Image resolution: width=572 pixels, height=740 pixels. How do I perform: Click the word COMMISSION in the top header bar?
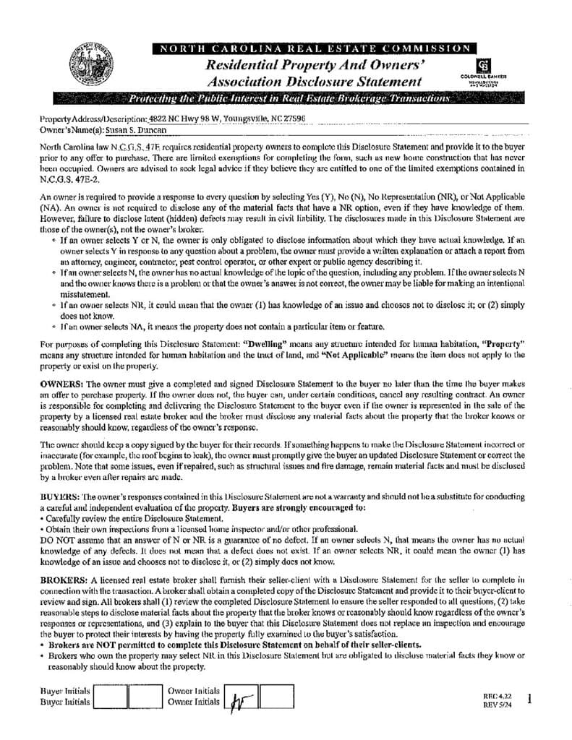coord(430,48)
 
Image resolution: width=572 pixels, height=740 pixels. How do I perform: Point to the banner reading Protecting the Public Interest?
coord(289,98)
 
